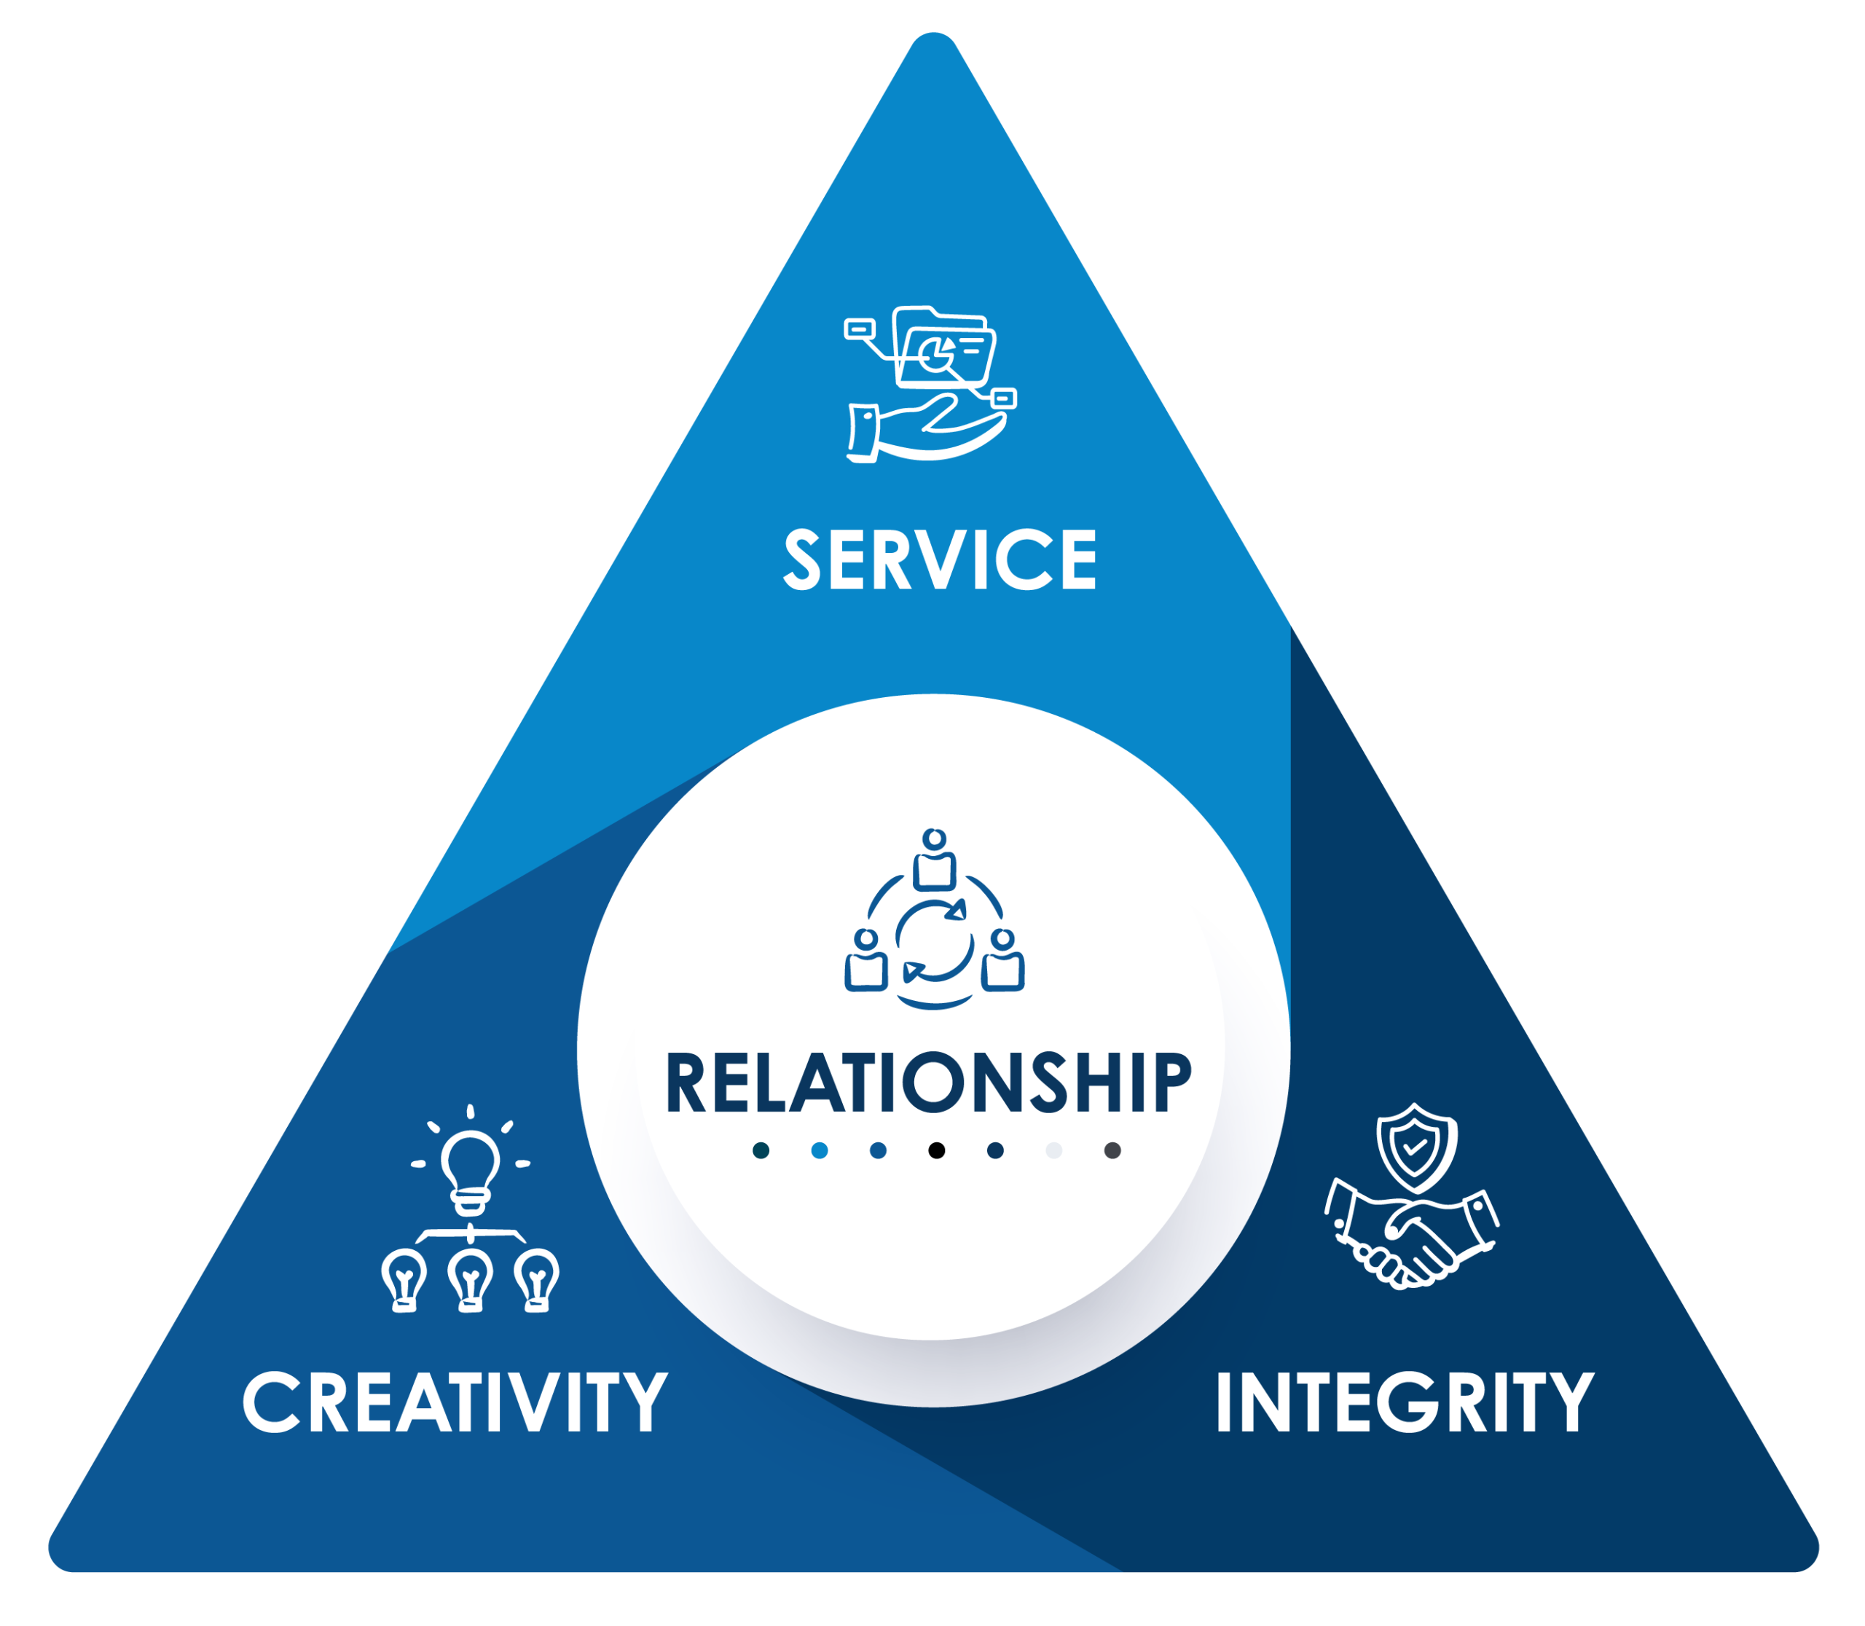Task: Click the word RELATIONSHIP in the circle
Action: (928, 1083)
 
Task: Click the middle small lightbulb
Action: (470, 1279)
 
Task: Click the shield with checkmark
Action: (1416, 1145)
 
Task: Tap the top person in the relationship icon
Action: (934, 860)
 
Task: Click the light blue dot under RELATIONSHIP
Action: (820, 1150)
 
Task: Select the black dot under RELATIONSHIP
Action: (937, 1150)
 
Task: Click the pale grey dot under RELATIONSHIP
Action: (1053, 1150)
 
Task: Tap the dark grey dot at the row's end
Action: (1112, 1150)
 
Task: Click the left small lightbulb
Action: (404, 1279)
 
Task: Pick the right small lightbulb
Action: (536, 1279)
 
